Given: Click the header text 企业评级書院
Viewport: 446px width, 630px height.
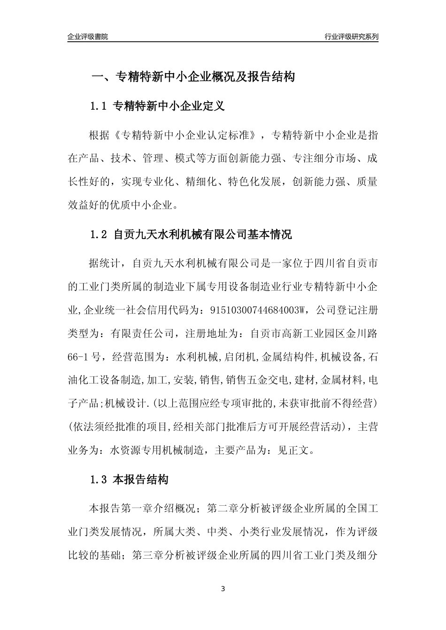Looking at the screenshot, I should point(88,37).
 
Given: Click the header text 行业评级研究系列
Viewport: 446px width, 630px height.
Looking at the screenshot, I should point(351,37).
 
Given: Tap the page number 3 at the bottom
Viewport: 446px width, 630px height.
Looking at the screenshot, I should point(223,589).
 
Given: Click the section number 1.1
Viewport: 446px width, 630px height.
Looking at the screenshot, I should point(99,106).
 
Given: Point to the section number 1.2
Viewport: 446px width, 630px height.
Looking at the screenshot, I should point(99,234).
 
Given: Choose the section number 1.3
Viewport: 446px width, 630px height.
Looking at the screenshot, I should point(99,480).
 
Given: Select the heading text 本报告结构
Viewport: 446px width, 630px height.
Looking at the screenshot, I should point(141,480).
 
